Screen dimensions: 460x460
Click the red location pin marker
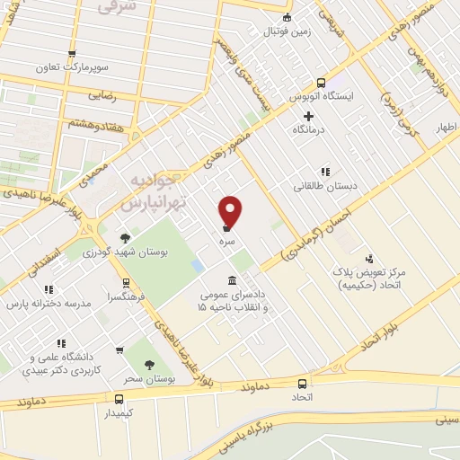(x=231, y=210)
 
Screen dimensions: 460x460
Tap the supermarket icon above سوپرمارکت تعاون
(x=73, y=53)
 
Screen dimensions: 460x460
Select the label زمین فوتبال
(x=286, y=31)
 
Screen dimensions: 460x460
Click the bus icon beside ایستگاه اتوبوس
(x=294, y=94)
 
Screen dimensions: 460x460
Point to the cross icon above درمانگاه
(x=309, y=116)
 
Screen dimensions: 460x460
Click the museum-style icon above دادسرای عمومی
(x=233, y=280)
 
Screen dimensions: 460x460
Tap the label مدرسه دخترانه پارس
(x=49, y=304)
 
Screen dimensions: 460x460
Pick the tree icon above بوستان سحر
(x=150, y=365)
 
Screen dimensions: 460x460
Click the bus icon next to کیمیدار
(x=119, y=398)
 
